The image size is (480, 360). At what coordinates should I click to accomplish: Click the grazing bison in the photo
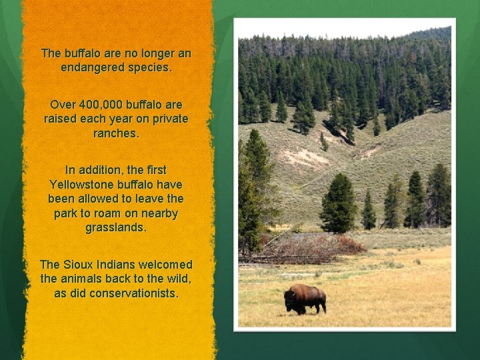tap(305, 298)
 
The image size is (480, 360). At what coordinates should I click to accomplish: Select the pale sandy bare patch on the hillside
tap(303, 157)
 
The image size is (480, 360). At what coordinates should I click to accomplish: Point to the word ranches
tap(116, 133)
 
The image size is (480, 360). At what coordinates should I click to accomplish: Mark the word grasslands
tap(116, 227)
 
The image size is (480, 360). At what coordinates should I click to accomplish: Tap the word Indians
tap(118, 265)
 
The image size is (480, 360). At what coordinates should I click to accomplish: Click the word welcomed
tap(167, 265)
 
